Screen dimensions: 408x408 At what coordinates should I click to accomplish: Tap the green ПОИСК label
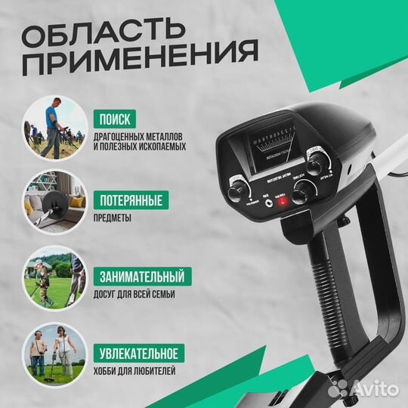[114, 119]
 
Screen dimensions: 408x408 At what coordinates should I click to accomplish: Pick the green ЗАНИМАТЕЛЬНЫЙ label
[141, 275]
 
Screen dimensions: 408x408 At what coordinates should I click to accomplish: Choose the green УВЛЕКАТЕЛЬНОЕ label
[138, 353]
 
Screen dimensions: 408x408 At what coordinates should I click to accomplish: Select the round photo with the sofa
[54, 205]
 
